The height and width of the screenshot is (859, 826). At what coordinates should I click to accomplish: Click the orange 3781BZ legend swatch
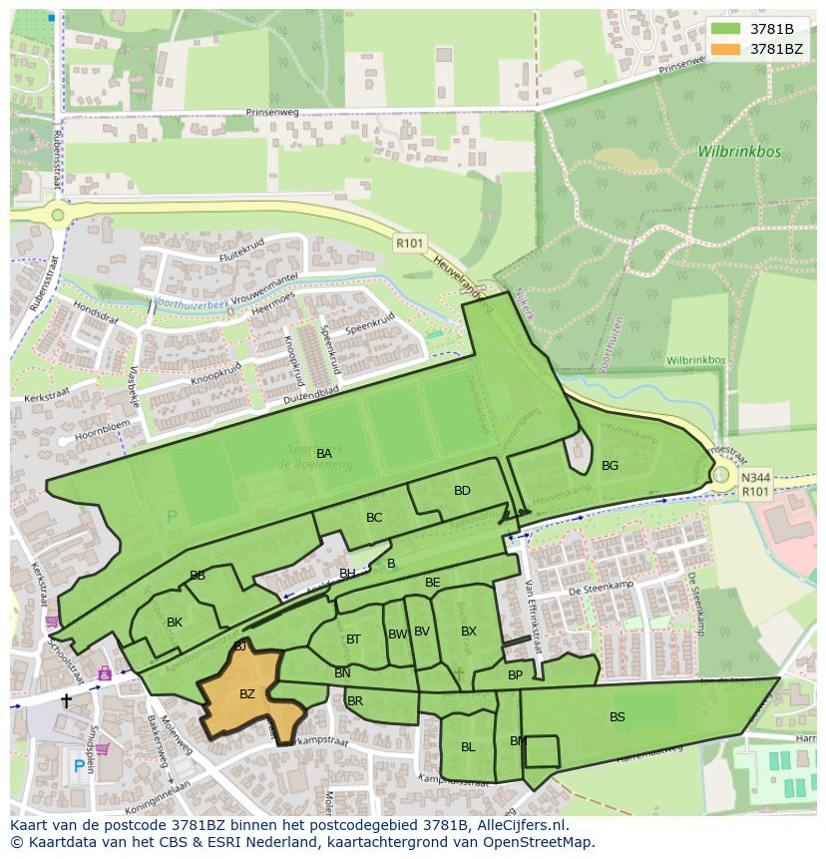click(726, 49)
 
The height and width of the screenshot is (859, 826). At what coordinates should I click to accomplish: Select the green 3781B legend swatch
click(726, 29)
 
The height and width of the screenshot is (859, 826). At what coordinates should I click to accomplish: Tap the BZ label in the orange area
click(247, 693)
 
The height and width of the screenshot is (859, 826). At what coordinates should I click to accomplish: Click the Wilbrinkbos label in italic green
click(739, 153)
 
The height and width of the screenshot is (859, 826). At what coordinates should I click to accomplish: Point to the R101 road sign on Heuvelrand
click(409, 242)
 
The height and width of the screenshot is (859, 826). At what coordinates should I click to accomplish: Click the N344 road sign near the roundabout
click(755, 477)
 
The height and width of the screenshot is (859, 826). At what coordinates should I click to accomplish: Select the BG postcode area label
click(610, 466)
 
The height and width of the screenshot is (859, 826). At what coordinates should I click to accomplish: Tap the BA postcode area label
click(324, 454)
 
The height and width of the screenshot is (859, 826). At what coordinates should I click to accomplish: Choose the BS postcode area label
click(618, 716)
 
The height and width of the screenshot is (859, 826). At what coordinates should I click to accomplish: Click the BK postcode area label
click(175, 623)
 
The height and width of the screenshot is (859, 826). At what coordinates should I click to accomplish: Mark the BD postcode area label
click(462, 491)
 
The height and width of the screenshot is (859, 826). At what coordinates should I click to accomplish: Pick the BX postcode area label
click(469, 632)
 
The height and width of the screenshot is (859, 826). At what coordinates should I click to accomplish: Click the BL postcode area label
click(468, 746)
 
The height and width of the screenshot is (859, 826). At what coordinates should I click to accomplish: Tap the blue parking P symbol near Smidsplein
click(78, 766)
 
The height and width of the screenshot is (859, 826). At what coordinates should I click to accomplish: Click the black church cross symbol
click(67, 700)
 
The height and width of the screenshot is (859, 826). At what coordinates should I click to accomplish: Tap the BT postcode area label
click(353, 640)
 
